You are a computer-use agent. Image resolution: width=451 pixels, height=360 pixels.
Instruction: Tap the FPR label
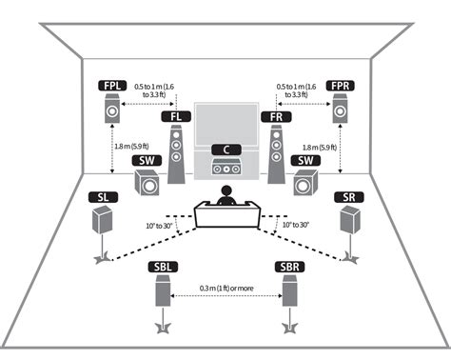pos(341,87)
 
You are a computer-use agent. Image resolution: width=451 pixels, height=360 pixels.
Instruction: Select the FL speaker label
pos(175,117)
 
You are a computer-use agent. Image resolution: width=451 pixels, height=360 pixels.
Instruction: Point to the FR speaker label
pos(276,117)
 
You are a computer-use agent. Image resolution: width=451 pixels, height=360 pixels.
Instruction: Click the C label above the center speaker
pos(225,150)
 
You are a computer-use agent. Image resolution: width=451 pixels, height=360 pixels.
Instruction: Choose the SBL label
pos(162,269)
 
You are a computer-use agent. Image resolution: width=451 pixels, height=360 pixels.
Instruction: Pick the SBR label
pos(289,269)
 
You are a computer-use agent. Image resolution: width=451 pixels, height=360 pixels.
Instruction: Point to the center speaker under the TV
pos(225,169)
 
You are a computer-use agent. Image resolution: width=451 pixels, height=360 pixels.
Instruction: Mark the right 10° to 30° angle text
pos(291,225)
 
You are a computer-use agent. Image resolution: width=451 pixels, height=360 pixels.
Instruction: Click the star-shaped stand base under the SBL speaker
pos(162,329)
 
